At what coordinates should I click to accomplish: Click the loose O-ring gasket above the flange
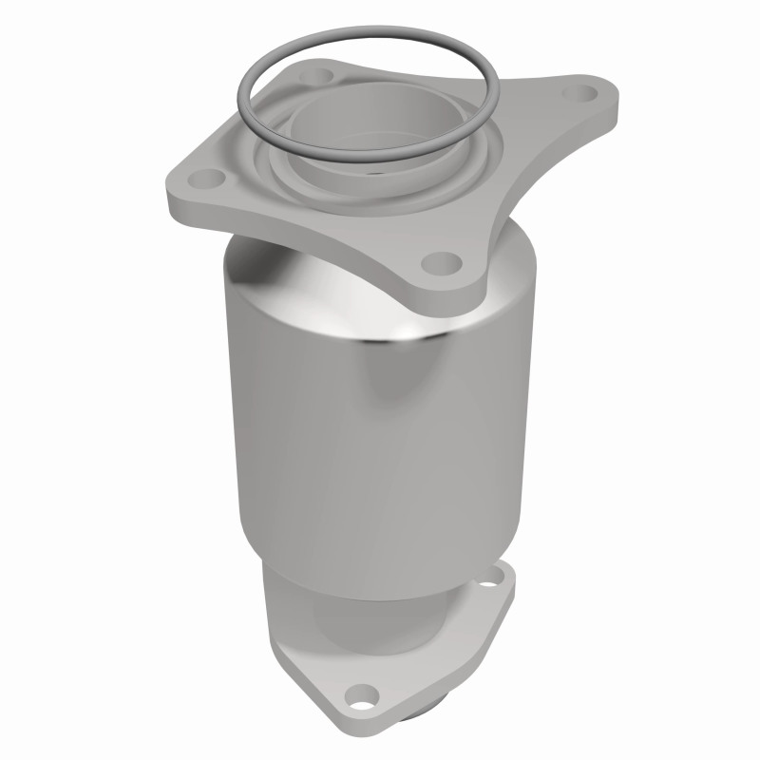click(x=249, y=95)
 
